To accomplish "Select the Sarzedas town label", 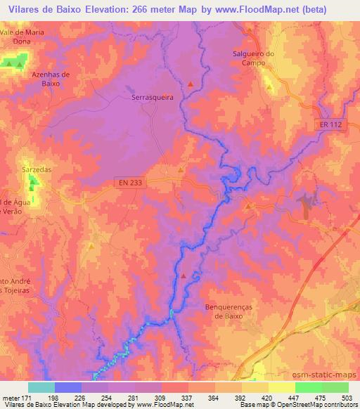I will point(32,169).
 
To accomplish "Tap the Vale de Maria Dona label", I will point(27,37).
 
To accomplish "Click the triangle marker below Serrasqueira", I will point(181,170).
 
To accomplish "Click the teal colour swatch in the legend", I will point(41,387).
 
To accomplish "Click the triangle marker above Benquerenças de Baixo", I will point(184,276).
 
